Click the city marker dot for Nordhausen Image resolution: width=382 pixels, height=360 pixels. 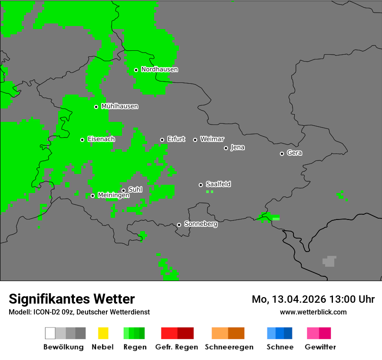click(136, 70)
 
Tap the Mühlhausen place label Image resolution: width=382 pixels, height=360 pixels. click(119, 106)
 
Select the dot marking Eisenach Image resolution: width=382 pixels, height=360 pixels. click(82, 140)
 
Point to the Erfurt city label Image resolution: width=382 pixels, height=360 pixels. click(176, 139)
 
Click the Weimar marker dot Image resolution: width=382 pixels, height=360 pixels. click(195, 140)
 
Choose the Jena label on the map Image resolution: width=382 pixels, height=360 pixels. click(237, 147)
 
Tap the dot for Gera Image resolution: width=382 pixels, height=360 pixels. click(282, 154)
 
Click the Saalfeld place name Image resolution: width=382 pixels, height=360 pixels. click(218, 184)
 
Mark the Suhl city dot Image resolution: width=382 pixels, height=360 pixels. click(123, 190)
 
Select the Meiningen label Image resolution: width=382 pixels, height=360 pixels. click(113, 196)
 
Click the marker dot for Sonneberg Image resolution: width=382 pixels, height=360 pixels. click(179, 225)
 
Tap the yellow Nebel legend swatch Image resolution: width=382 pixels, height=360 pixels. click(103, 333)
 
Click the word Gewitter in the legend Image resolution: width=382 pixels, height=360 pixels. click(320, 347)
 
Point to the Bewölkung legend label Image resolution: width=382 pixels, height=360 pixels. click(63, 347)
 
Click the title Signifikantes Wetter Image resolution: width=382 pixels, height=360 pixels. click(72, 299)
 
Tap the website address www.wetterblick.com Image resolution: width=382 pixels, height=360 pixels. click(313, 312)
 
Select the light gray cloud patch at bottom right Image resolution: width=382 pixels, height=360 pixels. click(329, 261)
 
